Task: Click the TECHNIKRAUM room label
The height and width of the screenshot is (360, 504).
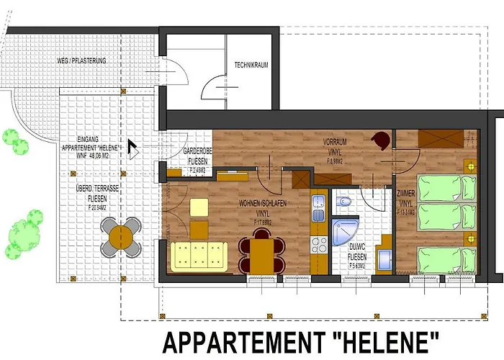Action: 251,65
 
